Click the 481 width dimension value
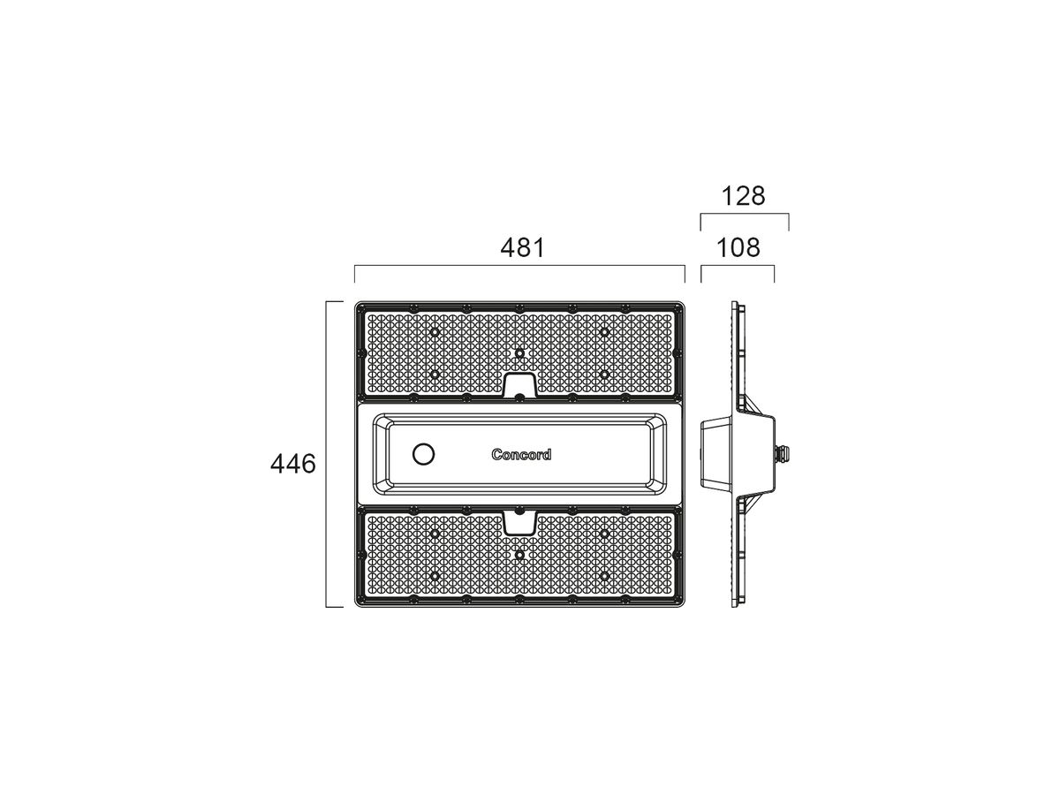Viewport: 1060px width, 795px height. click(x=522, y=248)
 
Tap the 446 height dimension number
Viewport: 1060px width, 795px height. click(x=292, y=465)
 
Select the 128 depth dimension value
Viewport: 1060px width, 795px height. click(x=743, y=196)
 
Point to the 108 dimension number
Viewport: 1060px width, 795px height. click(x=738, y=248)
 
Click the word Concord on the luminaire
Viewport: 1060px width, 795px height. click(x=521, y=454)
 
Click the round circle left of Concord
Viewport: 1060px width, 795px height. click(x=423, y=454)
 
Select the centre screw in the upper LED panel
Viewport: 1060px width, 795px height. click(x=519, y=353)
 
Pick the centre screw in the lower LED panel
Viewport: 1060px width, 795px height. click(x=519, y=555)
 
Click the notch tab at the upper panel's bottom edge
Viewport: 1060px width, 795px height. click(x=519, y=385)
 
